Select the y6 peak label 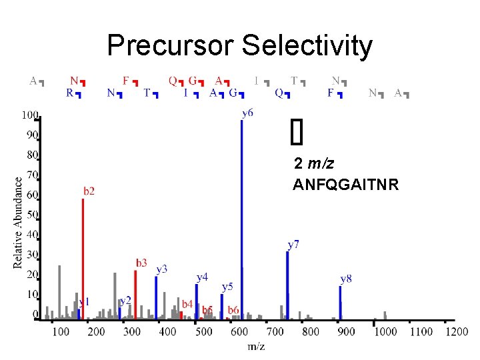(x=247, y=113)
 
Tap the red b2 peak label (x=89, y=191)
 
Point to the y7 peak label (x=293, y=245)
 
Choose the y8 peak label (x=346, y=278)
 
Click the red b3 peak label (x=141, y=263)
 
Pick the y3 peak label (x=162, y=269)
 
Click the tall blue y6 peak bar (x=241, y=220)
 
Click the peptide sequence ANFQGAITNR (x=345, y=185)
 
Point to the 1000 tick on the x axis (x=385, y=331)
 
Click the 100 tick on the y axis (x=29, y=115)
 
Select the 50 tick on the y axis (x=32, y=215)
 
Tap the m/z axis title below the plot (x=257, y=345)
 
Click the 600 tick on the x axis (x=240, y=331)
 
